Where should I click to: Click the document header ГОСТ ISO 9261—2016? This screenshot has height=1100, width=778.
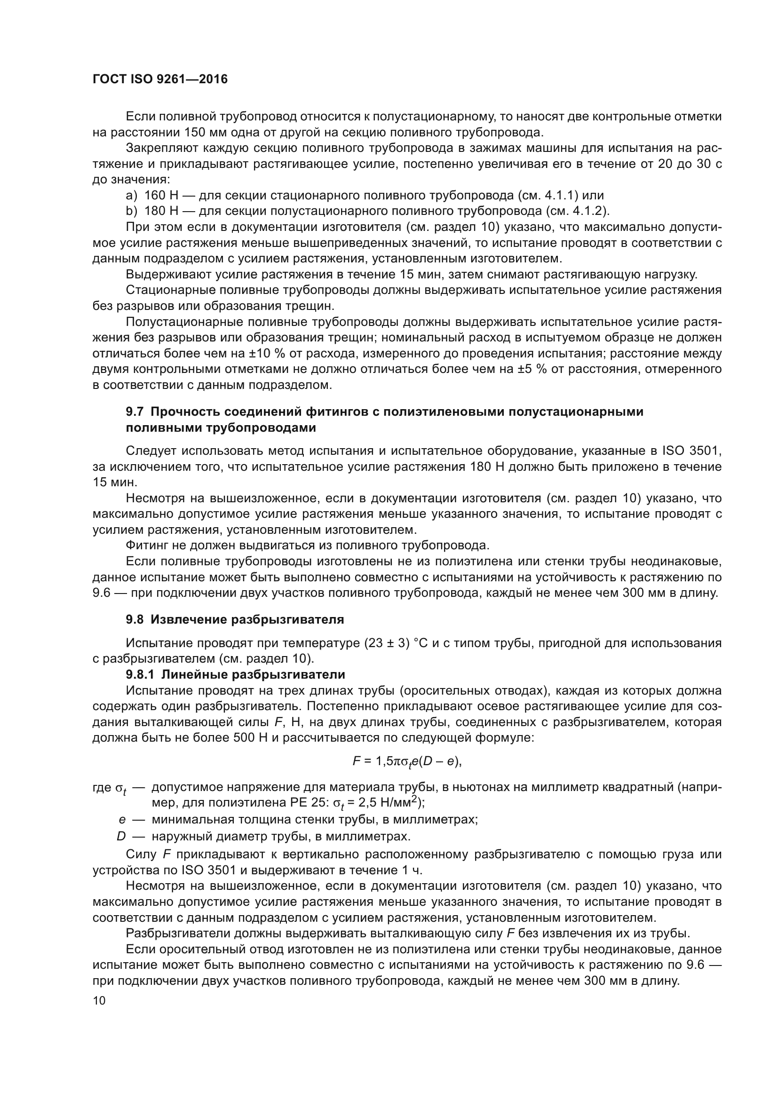coord(160,79)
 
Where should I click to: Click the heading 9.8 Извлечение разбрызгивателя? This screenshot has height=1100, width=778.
coord(235,619)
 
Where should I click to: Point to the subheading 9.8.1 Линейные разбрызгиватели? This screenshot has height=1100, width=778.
coord(235,674)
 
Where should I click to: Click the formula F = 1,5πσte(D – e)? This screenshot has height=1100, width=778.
coord(407,761)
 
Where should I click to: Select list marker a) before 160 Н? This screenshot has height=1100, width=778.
coord(131,196)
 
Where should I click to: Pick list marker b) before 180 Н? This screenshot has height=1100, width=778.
coord(131,211)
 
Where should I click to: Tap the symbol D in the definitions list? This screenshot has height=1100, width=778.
coord(121,837)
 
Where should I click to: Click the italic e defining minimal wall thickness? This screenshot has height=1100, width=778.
coord(122,820)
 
